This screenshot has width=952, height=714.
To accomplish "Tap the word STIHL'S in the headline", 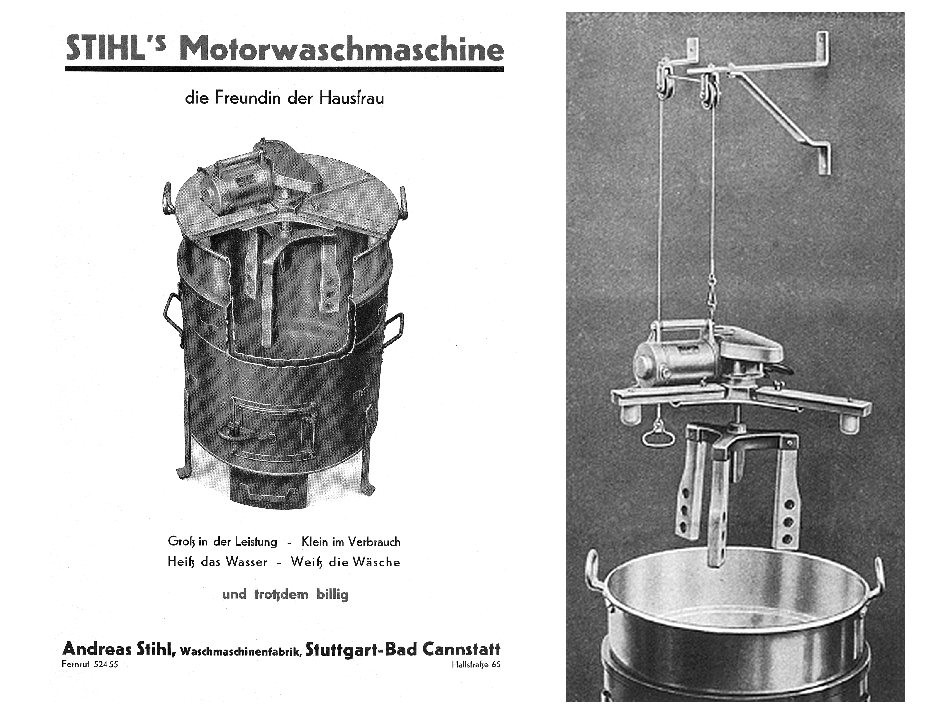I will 115,49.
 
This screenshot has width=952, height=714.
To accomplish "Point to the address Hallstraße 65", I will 476,664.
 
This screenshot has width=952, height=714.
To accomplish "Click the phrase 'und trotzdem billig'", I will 285,595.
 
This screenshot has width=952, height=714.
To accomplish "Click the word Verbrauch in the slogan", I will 374,542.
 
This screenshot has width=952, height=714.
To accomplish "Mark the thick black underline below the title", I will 284,68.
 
